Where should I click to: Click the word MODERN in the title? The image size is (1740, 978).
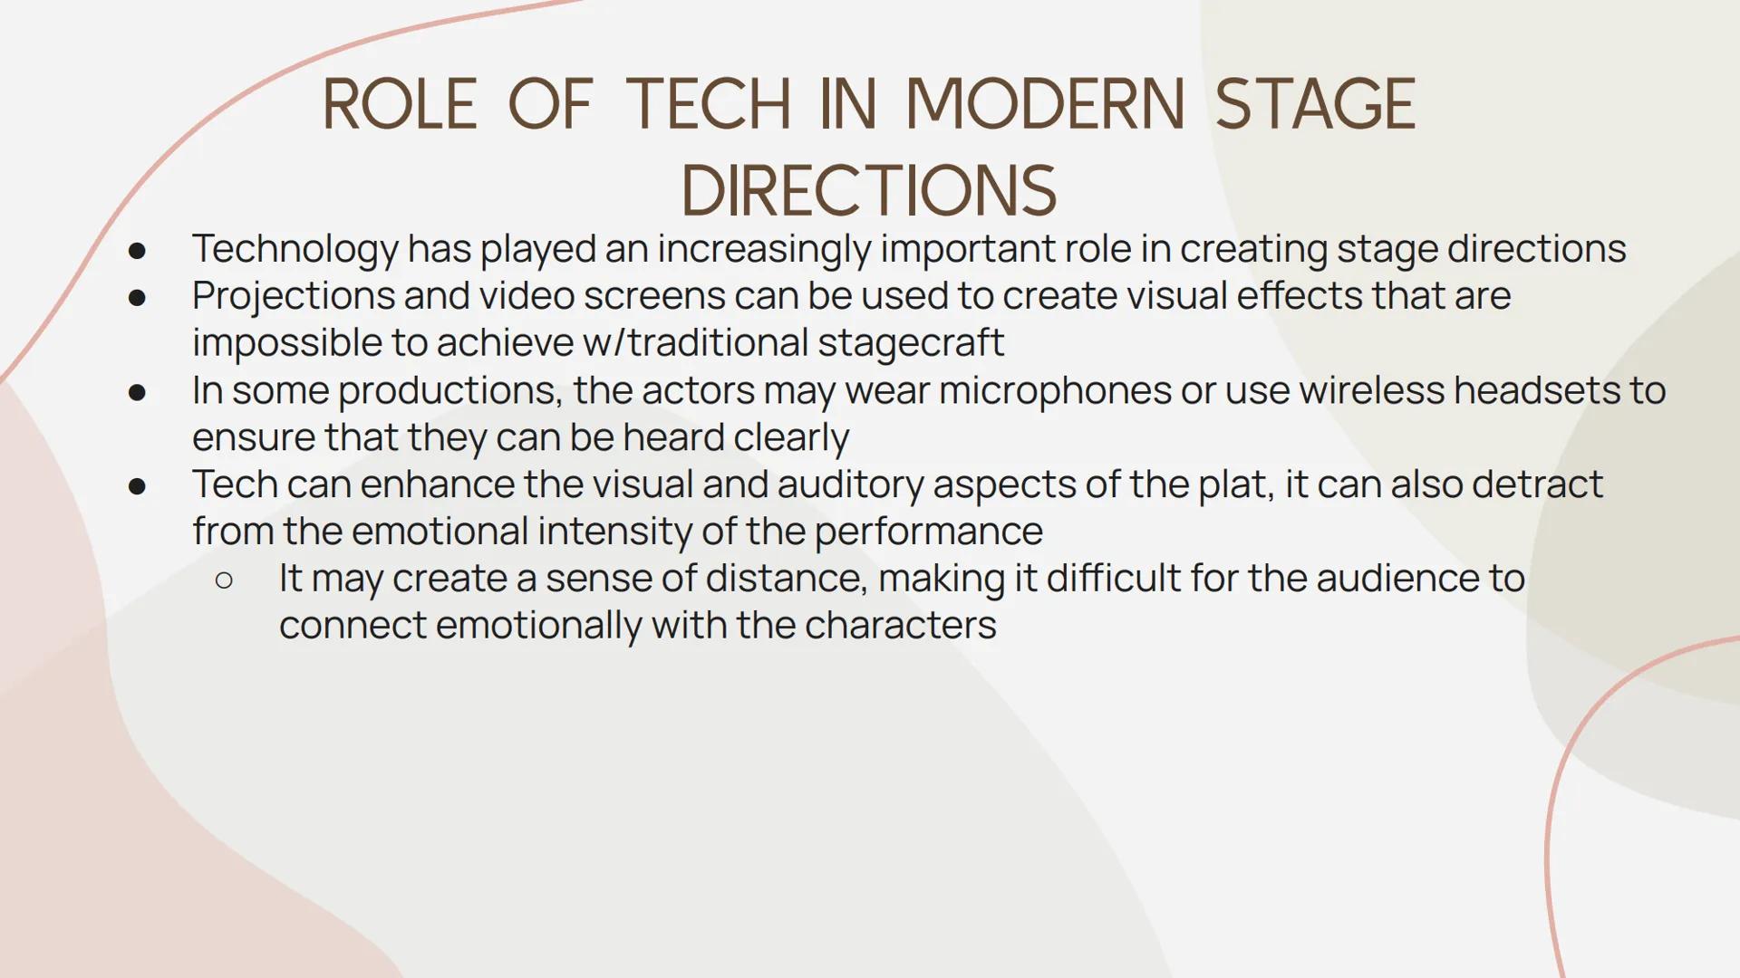tap(1044, 104)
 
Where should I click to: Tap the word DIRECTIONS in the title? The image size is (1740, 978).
tap(869, 191)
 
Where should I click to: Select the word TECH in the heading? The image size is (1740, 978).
tap(709, 104)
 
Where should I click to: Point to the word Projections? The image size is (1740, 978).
tap(293, 297)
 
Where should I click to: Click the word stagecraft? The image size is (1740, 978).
tap(910, 344)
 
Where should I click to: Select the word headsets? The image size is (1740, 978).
tap(1536, 391)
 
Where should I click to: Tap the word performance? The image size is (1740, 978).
tap(929, 532)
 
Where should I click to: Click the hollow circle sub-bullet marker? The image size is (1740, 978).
tap(225, 580)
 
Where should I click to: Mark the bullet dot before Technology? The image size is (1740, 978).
tap(138, 251)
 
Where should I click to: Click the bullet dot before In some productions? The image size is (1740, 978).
tap(138, 392)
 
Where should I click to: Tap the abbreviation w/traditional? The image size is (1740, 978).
tap(695, 344)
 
